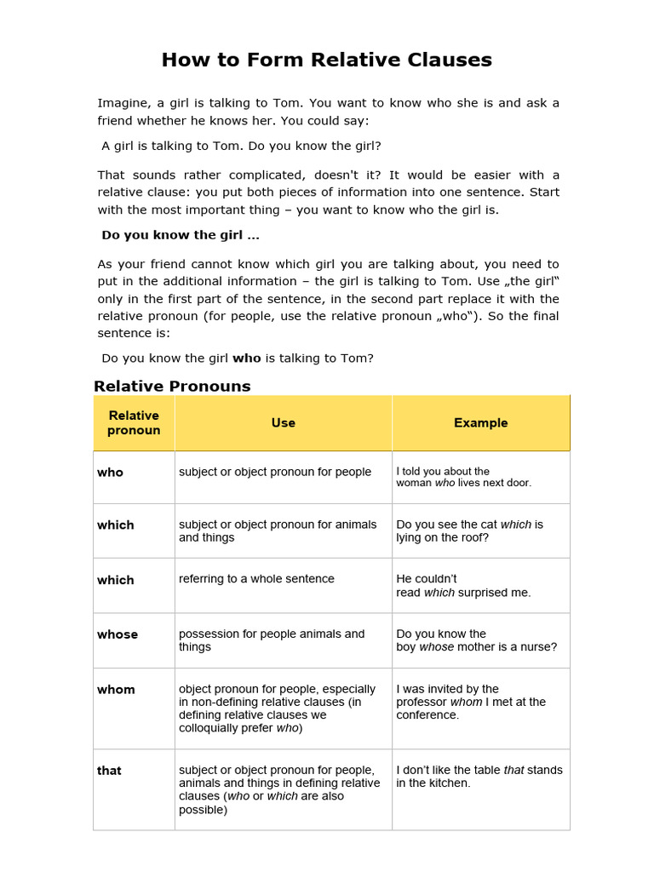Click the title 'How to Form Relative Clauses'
[327, 60]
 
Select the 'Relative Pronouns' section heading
[172, 386]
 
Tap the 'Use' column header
[283, 422]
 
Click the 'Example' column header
[480, 422]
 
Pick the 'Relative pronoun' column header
[134, 422]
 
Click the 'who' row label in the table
[110, 472]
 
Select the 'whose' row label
[118, 634]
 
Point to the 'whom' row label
[116, 690]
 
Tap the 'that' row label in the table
[109, 771]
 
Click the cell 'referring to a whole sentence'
[256, 579]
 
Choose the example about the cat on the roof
[469, 531]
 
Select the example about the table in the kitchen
[479, 776]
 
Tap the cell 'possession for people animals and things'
[271, 640]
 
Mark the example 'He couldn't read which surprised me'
[463, 586]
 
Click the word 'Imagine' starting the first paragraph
[121, 103]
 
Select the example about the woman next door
[463, 477]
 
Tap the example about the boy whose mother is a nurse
[476, 640]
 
